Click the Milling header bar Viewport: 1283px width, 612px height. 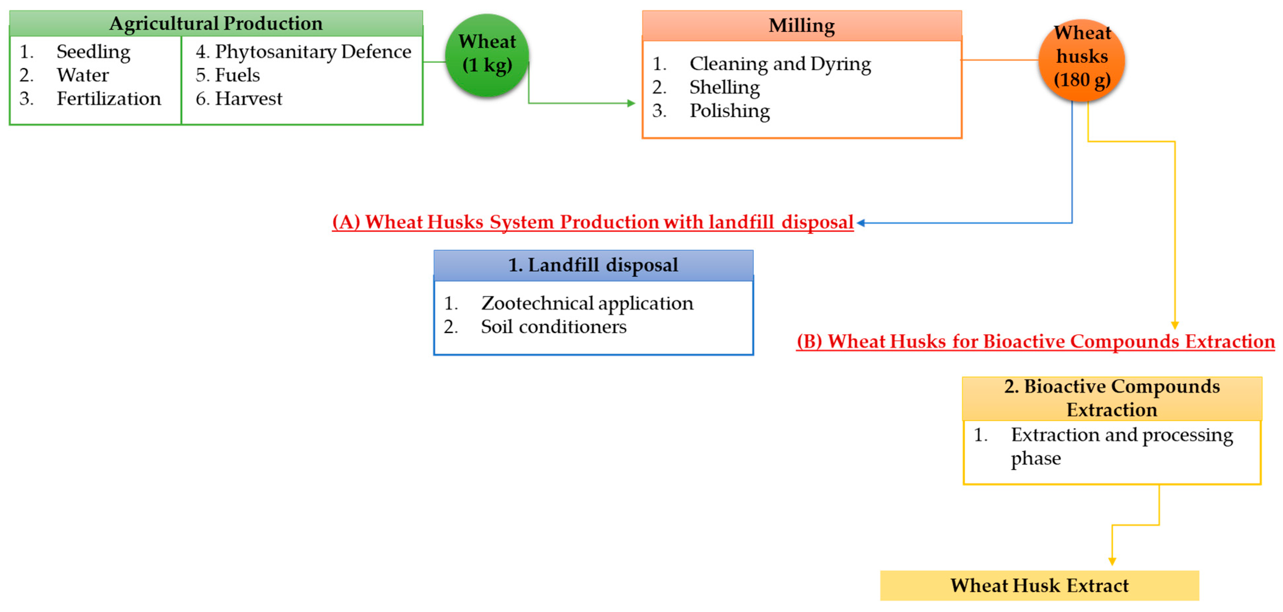(801, 25)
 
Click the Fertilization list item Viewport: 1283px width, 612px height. (109, 99)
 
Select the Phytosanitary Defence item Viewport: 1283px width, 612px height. (313, 52)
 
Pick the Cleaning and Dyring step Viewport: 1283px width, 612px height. (780, 64)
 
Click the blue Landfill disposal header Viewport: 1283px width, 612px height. (593, 265)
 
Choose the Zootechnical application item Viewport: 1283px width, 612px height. (587, 303)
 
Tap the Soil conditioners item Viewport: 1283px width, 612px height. (553, 327)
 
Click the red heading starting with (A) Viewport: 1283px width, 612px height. (593, 222)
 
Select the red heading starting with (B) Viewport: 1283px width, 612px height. (1035, 341)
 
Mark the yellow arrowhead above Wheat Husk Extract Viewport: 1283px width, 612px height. (1112, 561)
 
